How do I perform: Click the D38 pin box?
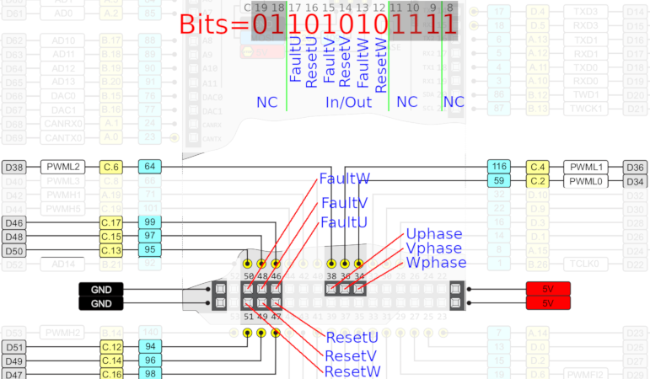[14, 167]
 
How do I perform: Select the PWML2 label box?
[63, 167]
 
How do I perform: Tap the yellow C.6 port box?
[111, 167]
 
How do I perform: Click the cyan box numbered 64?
[147, 167]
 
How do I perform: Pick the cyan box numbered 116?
[499, 167]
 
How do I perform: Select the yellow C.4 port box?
[538, 167]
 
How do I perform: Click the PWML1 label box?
[587, 167]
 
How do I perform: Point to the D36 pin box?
[635, 167]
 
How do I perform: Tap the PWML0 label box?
[587, 181]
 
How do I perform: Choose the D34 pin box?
[635, 181]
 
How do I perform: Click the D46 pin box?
[14, 222]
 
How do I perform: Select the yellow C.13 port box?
[111, 250]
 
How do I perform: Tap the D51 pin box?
[14, 347]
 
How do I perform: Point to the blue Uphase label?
[434, 233]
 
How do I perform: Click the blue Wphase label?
[436, 262]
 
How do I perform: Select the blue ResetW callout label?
[352, 371]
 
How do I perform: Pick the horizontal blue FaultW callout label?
[344, 179]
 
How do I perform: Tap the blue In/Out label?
[348, 101]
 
